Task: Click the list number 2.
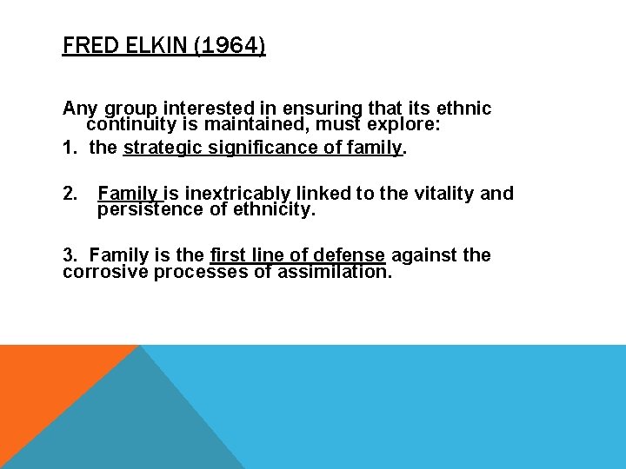pyautogui.click(x=70, y=193)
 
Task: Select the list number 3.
pyautogui.click(x=70, y=255)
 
